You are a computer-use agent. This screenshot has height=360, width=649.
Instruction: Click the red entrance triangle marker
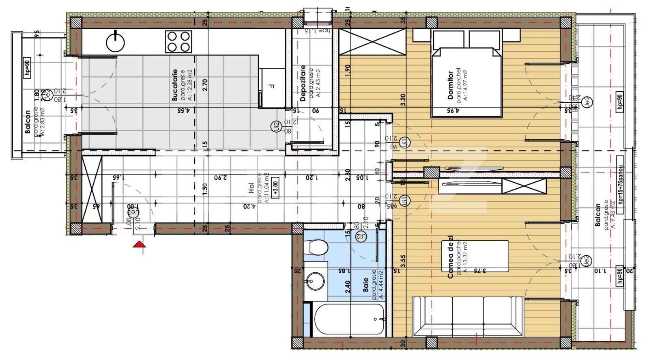click(x=139, y=244)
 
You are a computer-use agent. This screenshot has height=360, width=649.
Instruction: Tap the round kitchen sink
click(x=116, y=41)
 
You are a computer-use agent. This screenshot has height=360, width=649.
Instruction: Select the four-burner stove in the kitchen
click(x=178, y=41)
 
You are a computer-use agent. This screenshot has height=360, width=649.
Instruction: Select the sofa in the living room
click(x=468, y=316)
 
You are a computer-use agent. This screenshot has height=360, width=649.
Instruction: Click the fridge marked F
click(x=272, y=87)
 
